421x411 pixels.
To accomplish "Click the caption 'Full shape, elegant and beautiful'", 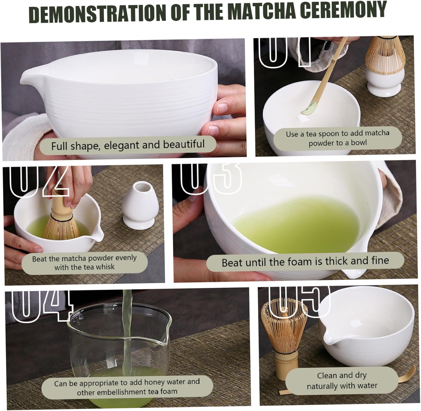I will tap(128, 145).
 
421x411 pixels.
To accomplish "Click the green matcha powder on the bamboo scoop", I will tap(307, 108).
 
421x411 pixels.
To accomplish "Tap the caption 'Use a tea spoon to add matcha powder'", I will tap(338, 138).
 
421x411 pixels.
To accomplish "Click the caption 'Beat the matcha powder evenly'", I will tap(84, 262).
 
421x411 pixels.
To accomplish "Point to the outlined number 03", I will tap(210, 178).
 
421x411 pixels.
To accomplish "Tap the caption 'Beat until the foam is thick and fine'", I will tap(305, 262).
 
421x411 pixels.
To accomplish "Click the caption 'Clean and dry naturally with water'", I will tap(342, 381).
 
